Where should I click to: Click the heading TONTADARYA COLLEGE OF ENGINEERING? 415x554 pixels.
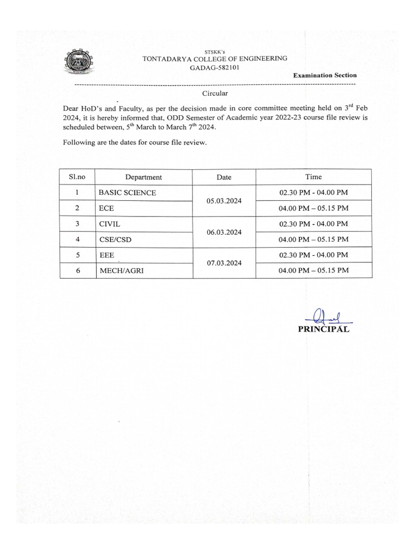215,58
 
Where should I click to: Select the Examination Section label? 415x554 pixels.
324,75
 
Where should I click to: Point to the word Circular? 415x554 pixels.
215,94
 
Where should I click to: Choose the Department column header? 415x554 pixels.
143,177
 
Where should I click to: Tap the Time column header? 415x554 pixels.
313,176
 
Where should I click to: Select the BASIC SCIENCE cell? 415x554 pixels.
127,193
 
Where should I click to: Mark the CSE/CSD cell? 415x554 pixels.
115,239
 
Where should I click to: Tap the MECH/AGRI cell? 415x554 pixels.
121,271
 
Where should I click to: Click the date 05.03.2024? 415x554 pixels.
224,201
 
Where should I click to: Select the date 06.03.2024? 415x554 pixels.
224,232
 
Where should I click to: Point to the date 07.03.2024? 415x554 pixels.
224,263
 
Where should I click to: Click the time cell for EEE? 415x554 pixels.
313,255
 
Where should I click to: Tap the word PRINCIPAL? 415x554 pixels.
323,329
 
